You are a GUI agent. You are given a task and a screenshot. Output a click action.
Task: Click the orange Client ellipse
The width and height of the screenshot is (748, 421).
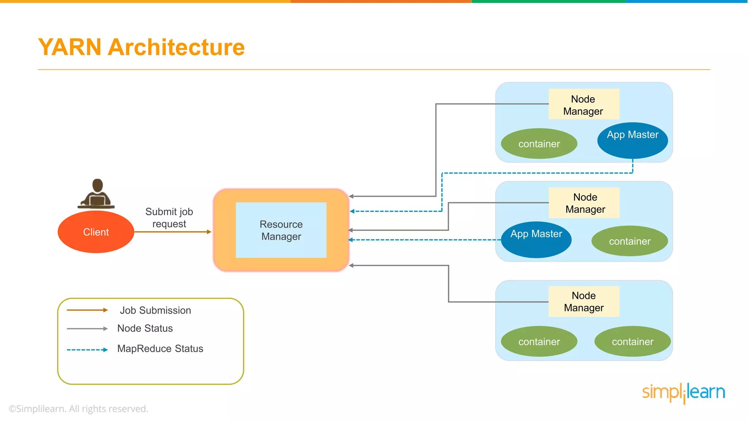[96, 232]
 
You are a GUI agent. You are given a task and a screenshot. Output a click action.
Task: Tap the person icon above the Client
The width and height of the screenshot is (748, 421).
[97, 194]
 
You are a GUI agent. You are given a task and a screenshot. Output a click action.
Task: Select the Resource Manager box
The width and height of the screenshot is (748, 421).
[281, 230]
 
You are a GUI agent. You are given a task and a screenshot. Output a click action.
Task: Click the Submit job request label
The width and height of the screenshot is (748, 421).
[169, 217]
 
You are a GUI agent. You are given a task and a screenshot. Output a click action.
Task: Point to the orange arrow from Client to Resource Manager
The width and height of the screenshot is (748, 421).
[172, 232]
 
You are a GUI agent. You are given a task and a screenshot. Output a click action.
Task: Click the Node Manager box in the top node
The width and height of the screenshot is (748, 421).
[584, 105]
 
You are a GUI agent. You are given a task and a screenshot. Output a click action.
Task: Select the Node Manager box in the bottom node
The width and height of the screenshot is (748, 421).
[584, 301]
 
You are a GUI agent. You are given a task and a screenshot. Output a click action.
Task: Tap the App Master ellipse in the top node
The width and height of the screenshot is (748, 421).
[633, 140]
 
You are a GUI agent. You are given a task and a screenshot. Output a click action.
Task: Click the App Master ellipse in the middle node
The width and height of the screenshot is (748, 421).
[536, 239]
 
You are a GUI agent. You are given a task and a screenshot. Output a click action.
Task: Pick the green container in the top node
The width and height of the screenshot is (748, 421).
[539, 144]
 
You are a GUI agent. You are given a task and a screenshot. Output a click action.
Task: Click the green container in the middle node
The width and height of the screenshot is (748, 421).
[630, 241]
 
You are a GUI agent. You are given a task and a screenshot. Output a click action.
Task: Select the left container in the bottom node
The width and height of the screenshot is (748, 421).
[539, 341]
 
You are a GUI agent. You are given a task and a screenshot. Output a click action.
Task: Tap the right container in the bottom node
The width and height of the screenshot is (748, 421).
[633, 341]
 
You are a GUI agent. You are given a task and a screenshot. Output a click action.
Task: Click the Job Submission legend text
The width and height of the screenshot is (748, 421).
[155, 310]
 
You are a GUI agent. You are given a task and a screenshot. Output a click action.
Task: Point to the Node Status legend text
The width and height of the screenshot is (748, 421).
[145, 328]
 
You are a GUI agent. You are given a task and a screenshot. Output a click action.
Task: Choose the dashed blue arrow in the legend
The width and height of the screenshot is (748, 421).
[87, 350]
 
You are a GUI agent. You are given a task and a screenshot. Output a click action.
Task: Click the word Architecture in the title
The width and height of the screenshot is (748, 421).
[176, 47]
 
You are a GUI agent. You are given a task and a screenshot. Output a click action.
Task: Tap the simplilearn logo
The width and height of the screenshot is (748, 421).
[683, 392]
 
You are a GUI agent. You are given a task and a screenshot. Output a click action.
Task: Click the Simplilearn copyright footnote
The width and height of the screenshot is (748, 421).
[79, 409]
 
